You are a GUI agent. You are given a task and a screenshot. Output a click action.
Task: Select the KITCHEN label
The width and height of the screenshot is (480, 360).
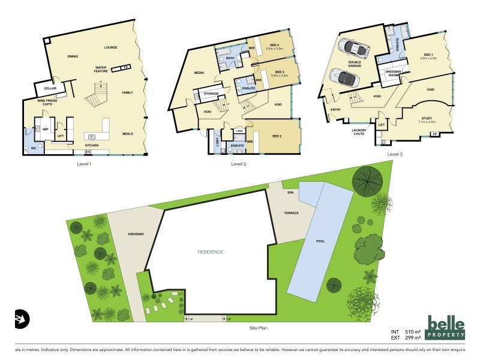[x=91, y=146]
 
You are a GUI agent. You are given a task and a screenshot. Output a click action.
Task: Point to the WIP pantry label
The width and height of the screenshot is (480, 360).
[x=44, y=128]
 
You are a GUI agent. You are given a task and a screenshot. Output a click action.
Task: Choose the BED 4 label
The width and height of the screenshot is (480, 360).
[x=275, y=46]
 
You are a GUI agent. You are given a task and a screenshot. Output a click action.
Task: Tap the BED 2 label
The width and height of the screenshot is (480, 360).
[x=277, y=136]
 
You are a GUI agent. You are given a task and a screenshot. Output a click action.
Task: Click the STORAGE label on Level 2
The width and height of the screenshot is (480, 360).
[x=211, y=94]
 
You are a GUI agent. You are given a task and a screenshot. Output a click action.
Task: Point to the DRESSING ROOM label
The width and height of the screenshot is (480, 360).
[x=392, y=73]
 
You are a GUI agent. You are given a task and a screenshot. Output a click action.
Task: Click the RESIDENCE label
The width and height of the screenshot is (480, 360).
[x=211, y=252]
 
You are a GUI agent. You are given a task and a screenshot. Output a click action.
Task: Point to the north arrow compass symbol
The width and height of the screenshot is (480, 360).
[x=22, y=318]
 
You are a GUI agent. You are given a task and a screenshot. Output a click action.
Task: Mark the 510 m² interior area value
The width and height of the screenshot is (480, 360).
[x=413, y=331]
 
